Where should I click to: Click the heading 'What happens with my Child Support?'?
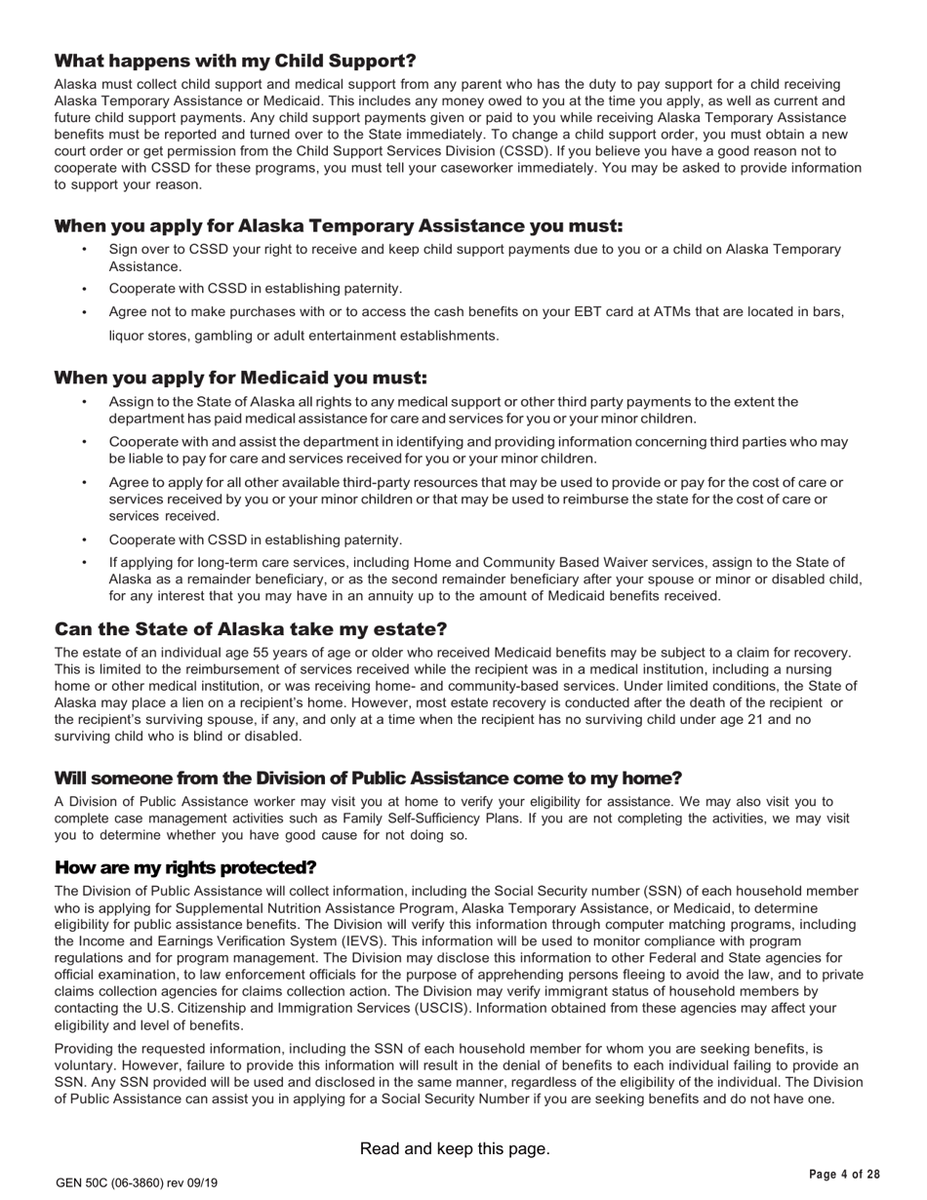click(235, 61)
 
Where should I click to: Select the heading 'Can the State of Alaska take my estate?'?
click(251, 628)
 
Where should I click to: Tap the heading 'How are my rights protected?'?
click(185, 867)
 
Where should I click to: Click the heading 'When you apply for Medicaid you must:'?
click(240, 378)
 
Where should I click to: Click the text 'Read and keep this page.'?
click(455, 1148)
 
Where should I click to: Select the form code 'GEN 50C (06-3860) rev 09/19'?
click(137, 1183)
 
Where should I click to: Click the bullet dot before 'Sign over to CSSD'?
click(86, 250)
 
